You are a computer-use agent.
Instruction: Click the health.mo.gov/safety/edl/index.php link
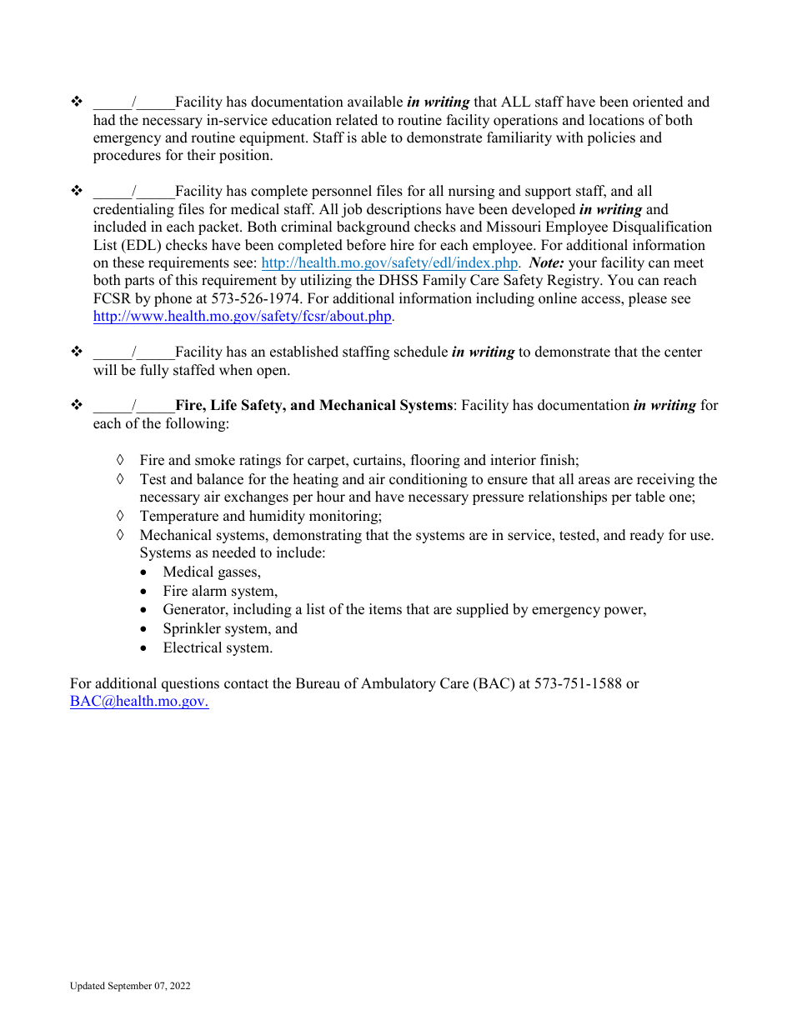389,263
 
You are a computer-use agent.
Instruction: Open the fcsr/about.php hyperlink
242,317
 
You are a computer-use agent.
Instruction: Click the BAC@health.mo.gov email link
138,702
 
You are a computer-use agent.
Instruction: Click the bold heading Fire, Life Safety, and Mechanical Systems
314,406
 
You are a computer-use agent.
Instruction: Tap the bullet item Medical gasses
212,572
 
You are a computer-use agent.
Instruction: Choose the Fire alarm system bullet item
220,592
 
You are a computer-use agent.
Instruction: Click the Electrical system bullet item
218,648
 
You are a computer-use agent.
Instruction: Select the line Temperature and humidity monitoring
260,517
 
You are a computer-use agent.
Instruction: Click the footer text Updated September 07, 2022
130,987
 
